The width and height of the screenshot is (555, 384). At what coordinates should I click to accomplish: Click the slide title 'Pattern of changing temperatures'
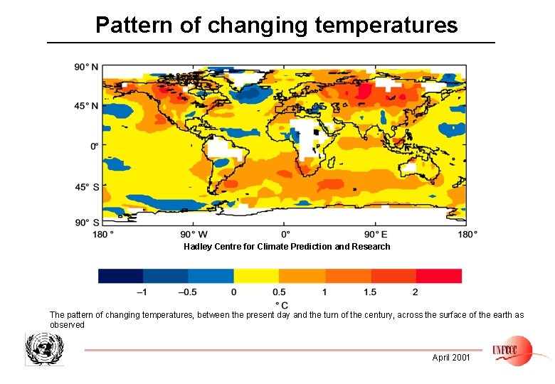pos(276,26)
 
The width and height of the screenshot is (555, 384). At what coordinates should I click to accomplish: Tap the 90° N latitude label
pos(86,67)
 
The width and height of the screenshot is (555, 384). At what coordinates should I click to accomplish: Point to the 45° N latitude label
pos(86,105)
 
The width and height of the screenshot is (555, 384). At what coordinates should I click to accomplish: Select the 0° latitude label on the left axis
pos(93,146)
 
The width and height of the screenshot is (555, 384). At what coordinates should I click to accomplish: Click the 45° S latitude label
pos(86,187)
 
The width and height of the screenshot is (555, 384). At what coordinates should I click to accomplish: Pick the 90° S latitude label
pos(86,223)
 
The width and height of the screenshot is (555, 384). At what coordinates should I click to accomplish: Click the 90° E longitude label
pos(376,234)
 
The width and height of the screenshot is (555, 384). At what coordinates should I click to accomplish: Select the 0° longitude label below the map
pos(285,234)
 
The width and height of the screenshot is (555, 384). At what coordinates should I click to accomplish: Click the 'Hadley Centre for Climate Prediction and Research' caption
pos(287,247)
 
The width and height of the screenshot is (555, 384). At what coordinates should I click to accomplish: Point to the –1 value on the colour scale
pos(142,292)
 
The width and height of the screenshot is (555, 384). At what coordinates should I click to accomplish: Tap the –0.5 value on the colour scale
pos(187,292)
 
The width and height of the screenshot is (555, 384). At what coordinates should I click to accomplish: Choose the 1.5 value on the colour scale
pos(369,292)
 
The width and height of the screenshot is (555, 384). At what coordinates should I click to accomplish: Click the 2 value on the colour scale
pos(415,292)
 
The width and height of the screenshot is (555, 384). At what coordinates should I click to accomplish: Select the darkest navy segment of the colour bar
pos(120,276)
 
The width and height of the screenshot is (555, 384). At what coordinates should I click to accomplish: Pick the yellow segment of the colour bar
pos(256,276)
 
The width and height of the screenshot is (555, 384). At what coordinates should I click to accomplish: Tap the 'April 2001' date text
pos(451,358)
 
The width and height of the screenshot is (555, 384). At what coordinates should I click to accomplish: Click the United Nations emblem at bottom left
pos(44,349)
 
